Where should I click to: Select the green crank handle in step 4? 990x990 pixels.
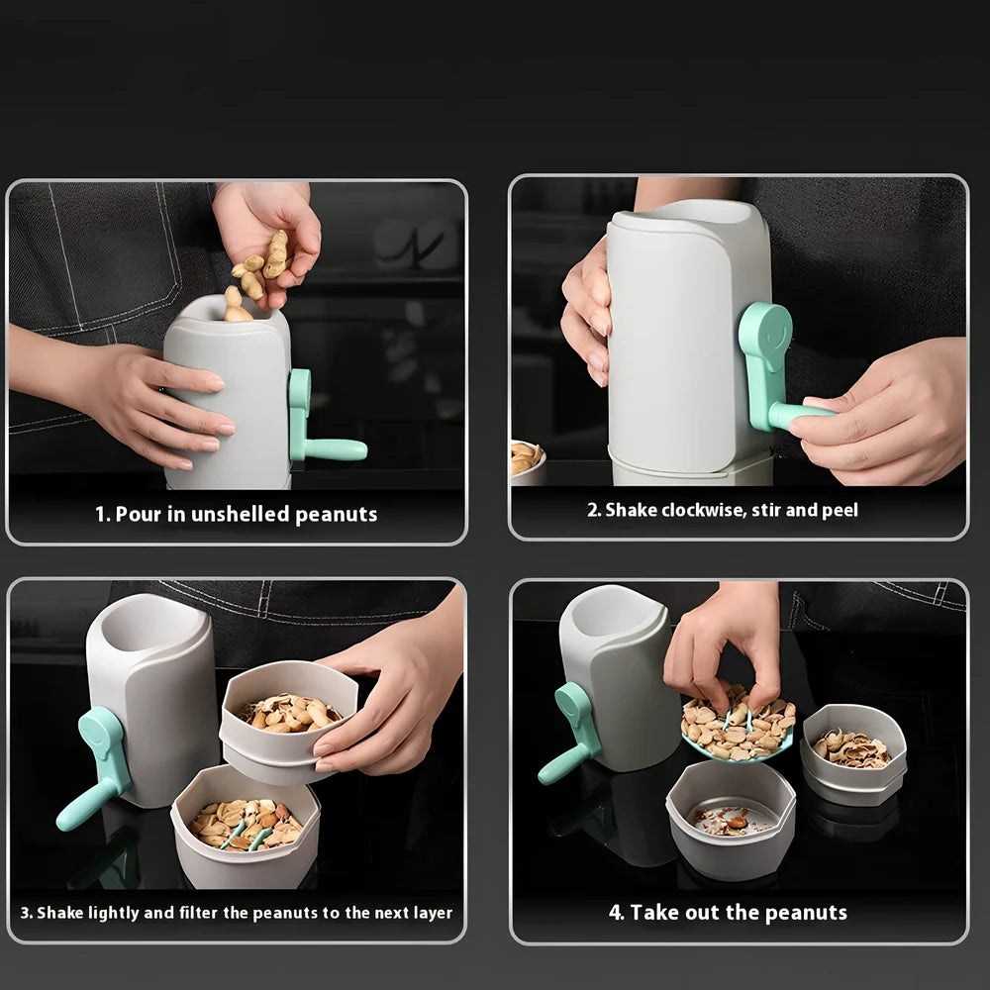point(569,733)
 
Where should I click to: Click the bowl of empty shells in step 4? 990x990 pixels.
point(852,752)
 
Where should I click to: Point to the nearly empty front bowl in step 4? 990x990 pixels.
point(731,818)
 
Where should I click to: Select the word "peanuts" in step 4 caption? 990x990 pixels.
point(807,913)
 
